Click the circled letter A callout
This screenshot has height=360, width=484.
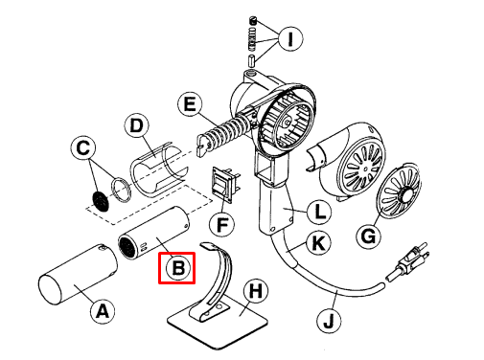[103, 309]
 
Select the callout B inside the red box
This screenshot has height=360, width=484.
[177, 268]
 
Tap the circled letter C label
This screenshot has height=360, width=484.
[84, 148]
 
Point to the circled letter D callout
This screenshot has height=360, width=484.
[137, 125]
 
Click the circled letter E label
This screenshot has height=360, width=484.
[189, 104]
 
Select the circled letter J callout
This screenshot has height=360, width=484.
[328, 322]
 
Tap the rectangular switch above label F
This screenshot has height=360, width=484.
[223, 186]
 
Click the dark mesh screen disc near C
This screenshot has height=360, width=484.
[97, 200]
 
